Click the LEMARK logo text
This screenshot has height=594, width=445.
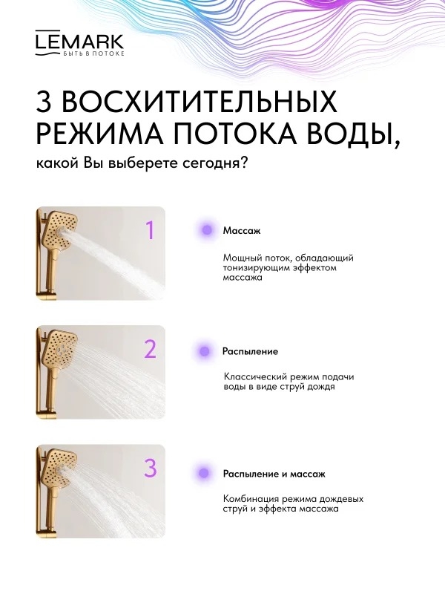[x=79, y=40]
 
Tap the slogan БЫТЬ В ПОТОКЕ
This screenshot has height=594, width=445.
[x=92, y=53]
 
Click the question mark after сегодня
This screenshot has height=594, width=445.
[x=244, y=163]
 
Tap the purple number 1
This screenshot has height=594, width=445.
[x=151, y=230]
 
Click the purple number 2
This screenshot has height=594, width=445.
[x=151, y=349]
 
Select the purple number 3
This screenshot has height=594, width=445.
[x=151, y=469]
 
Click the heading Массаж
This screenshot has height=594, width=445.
[x=242, y=230]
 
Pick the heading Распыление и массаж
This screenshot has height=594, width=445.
[x=274, y=474]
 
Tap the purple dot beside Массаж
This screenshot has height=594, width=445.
[x=207, y=229]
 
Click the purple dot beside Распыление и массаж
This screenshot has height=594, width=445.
[x=204, y=473]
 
